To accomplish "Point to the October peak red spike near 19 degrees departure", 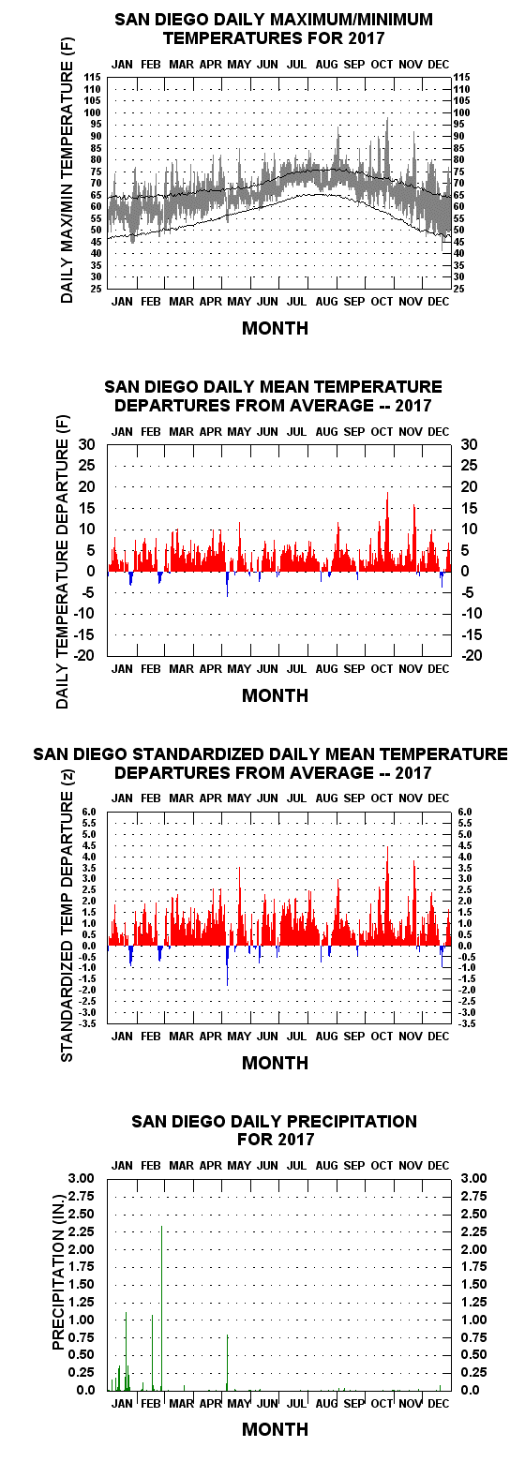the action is click(x=387, y=531).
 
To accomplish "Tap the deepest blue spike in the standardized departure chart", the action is click(x=227, y=965).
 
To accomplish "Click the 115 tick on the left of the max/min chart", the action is click(x=93, y=78).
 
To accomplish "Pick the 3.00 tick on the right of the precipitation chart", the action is click(x=473, y=1178).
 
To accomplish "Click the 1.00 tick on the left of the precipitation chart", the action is click(x=82, y=1319).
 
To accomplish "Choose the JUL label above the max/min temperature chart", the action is click(x=296, y=65).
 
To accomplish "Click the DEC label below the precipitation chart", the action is click(x=438, y=1403).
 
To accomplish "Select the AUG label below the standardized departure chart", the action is click(x=326, y=1036).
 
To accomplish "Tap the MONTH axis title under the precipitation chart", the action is click(x=275, y=1429).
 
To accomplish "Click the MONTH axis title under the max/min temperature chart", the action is click(x=275, y=328).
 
